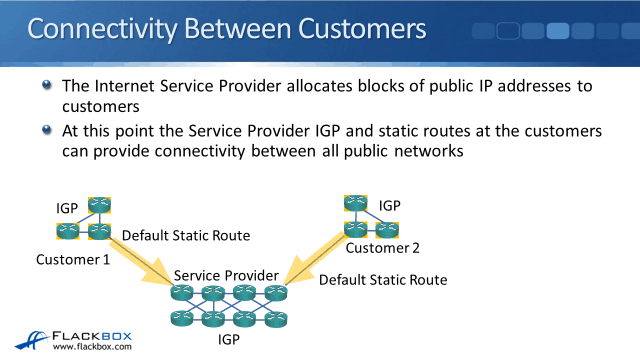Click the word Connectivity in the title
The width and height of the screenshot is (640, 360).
coord(102,29)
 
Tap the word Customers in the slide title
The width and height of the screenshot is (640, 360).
coord(362,29)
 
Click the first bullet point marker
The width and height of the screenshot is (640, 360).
coord(47,84)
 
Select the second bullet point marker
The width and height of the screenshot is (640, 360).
coord(47,130)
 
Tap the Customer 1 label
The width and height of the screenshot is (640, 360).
coord(73,260)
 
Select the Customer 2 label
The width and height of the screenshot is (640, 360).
coord(382,248)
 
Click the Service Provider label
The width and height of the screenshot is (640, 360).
coord(226,276)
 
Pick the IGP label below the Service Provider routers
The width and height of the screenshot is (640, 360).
coord(229,339)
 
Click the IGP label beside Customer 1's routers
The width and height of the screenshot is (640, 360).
coord(67,208)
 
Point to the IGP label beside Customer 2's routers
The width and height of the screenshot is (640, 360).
coord(389,205)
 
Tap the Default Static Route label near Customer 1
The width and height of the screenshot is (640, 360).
coord(186,236)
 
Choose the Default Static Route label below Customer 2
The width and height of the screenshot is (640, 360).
coord(383,280)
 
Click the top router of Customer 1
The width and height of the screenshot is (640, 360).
coord(100,205)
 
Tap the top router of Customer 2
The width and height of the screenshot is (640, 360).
coord(356,203)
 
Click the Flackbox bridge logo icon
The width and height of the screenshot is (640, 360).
coord(32,340)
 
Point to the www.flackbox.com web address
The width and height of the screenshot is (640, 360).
coord(92,347)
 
